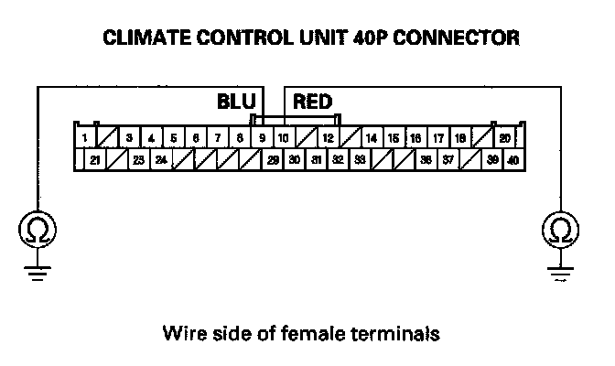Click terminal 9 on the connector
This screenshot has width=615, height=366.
pos(262,138)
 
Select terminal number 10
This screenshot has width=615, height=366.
pos(284,138)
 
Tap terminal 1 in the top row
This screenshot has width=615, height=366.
pos(84,138)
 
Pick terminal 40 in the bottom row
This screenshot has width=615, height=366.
pos(512,159)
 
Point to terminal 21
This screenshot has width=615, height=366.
pos(95,159)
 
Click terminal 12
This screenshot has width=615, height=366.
pos(328,138)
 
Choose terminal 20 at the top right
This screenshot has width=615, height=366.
pos(504,138)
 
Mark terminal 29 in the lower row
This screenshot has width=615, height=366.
pos(273,159)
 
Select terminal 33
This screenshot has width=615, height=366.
pos(360,159)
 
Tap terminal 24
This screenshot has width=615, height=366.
pos(160,159)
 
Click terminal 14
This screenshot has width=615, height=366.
pos(372,138)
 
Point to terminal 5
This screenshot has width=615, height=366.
pos(173,138)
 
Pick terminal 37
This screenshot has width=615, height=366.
pos(448,159)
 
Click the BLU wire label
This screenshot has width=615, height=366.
pos(236,101)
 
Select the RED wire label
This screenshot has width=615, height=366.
pos(312,101)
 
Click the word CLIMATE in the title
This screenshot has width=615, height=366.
pos(142,38)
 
